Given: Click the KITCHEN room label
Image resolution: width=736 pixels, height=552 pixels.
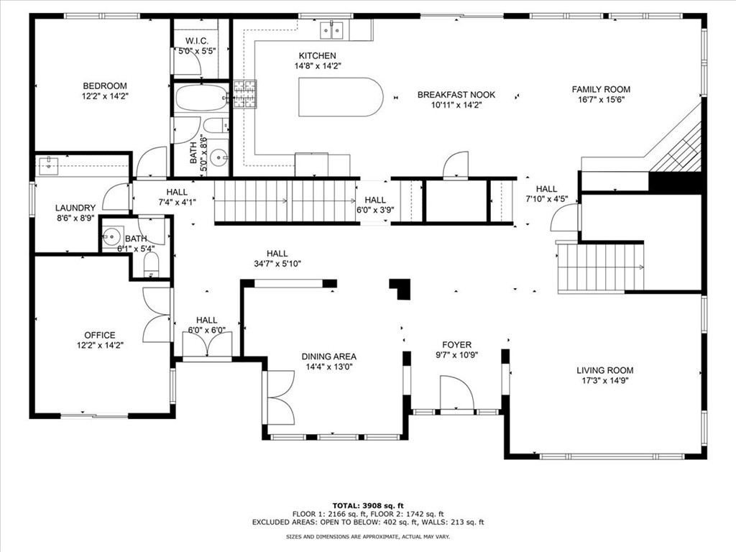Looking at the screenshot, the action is coord(317,56).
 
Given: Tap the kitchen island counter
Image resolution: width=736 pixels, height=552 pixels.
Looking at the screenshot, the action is coord(341,97).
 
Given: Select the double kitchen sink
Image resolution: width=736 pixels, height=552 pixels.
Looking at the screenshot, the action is coord(332,29).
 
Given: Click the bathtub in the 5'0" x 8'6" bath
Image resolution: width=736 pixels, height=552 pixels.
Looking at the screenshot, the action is coord(202,98).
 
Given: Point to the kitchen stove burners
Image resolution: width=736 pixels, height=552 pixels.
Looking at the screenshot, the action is coord(245,94).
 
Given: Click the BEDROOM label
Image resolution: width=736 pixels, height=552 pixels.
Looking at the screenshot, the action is coord(105,86).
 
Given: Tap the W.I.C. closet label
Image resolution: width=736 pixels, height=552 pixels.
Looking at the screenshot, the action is coord(197,41).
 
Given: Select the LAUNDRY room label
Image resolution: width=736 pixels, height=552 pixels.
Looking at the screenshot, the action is coord(75,208).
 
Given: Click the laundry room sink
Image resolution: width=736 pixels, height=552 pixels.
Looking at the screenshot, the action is coord(48,165).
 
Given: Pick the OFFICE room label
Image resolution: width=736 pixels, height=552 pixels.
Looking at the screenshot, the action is coord(99,335).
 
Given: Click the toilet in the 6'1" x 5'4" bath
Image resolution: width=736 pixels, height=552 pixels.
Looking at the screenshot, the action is coord(151,266).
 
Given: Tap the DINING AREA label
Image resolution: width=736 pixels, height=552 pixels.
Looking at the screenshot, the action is coord(328,356).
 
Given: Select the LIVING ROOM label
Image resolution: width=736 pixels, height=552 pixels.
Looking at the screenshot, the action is coord(604,370).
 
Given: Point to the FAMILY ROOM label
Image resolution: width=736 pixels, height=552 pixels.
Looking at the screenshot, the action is coord(601,89).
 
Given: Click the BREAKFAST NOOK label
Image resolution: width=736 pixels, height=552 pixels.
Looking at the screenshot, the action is coord(456,95).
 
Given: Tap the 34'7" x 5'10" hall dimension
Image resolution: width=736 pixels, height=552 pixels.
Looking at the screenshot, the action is coord(277,264).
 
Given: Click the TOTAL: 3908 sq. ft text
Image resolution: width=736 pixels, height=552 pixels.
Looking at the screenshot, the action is coord(368,505).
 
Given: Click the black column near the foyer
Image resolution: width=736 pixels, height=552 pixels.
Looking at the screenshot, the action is coord(401,288).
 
